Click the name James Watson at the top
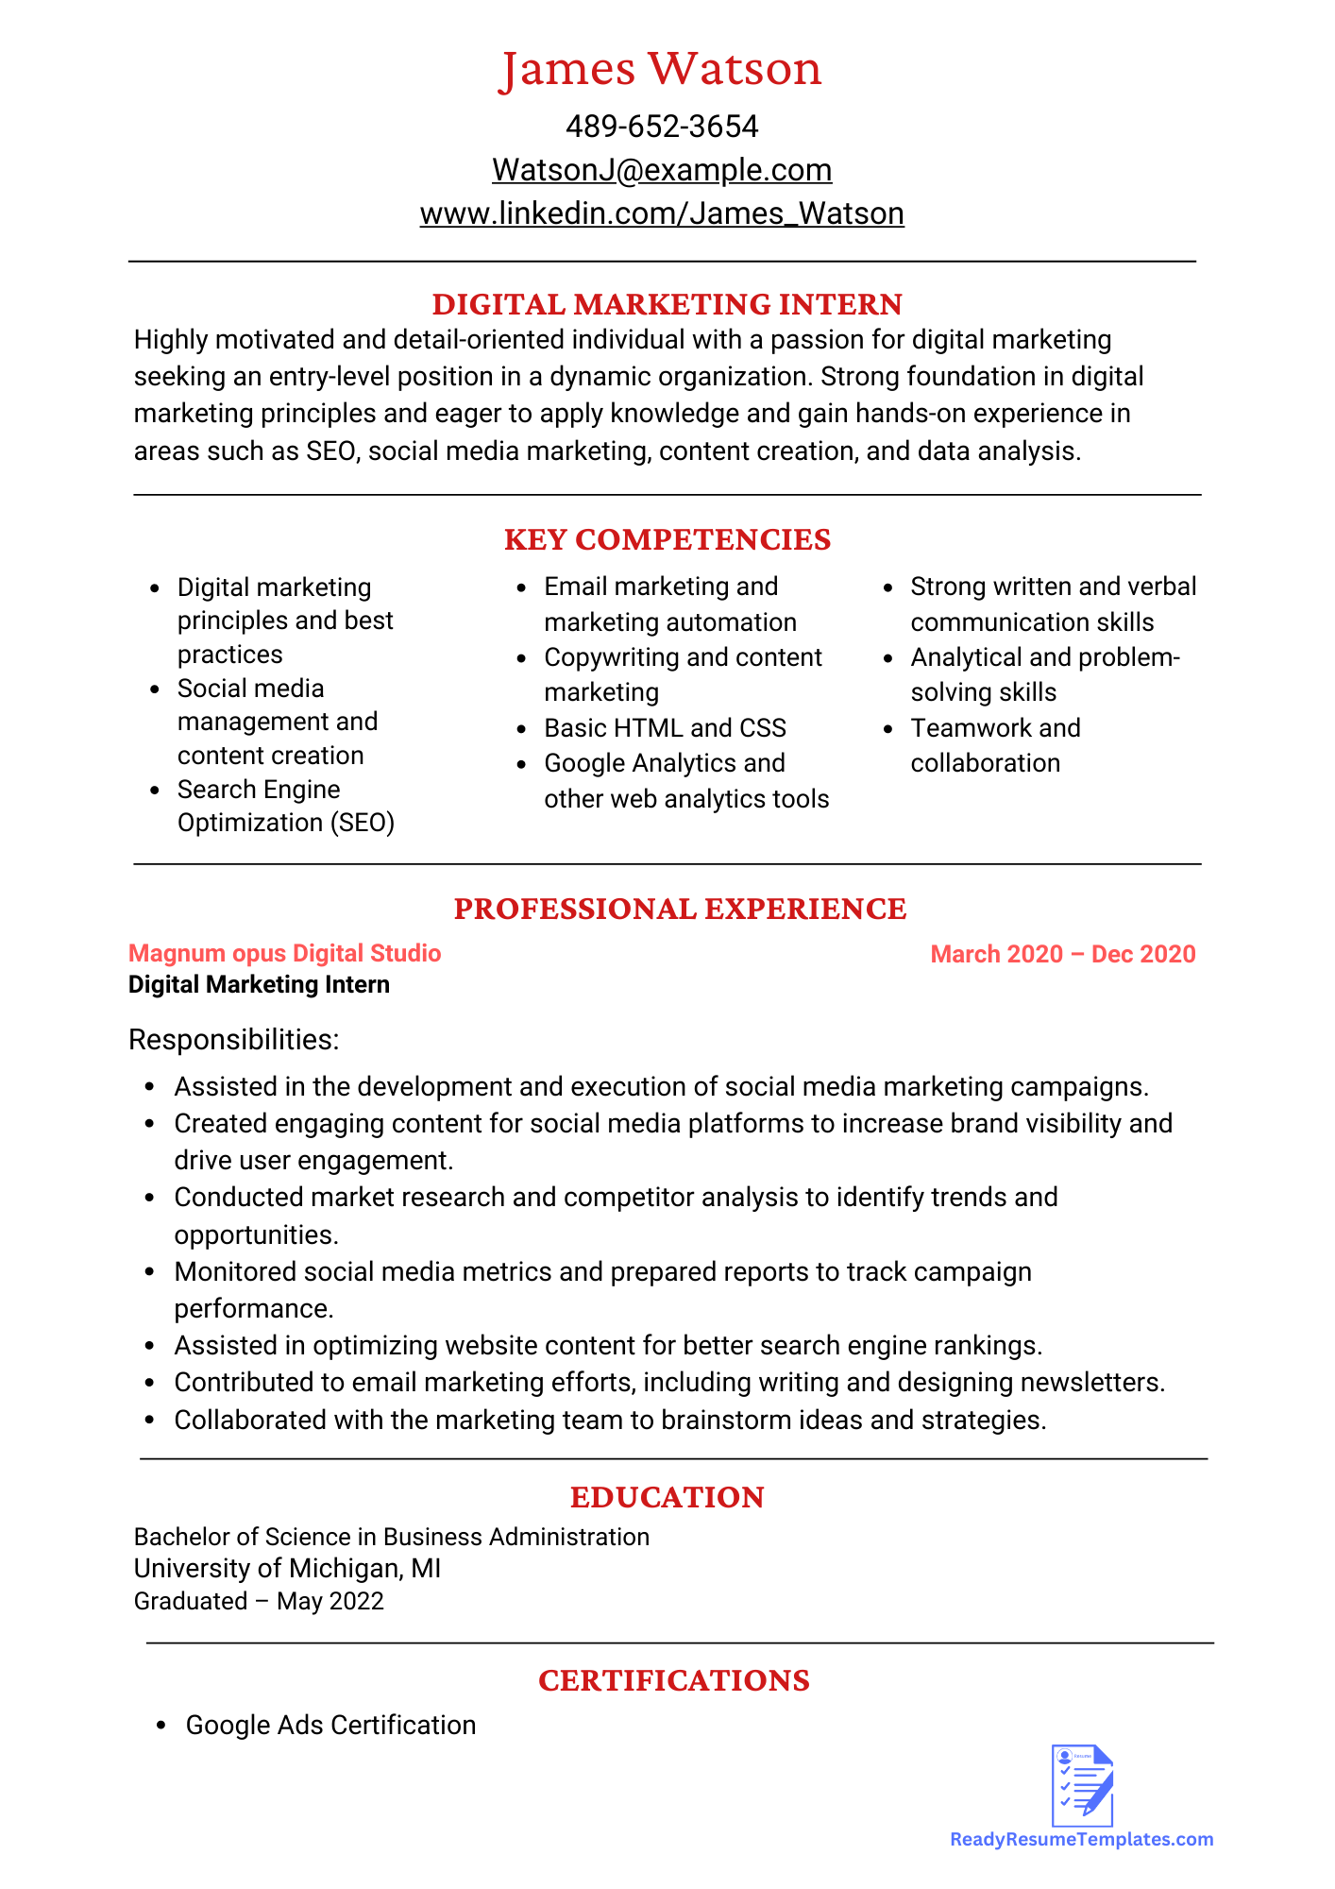[661, 70]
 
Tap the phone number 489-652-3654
[662, 127]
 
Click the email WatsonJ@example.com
[662, 170]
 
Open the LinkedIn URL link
[662, 213]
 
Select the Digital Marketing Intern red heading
[667, 304]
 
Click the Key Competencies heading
[667, 539]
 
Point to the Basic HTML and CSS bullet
[665, 728]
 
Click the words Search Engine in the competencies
[259, 790]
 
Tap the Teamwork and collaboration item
[995, 745]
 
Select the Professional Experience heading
[680, 909]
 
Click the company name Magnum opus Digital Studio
[285, 953]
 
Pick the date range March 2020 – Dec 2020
[1062, 954]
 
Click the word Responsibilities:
[233, 1040]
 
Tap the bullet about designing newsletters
[669, 1383]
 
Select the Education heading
[667, 1497]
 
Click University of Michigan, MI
[287, 1569]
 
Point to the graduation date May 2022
[330, 1602]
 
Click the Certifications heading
[673, 1680]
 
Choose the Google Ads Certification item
[330, 1726]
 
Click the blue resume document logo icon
[1082, 1785]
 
